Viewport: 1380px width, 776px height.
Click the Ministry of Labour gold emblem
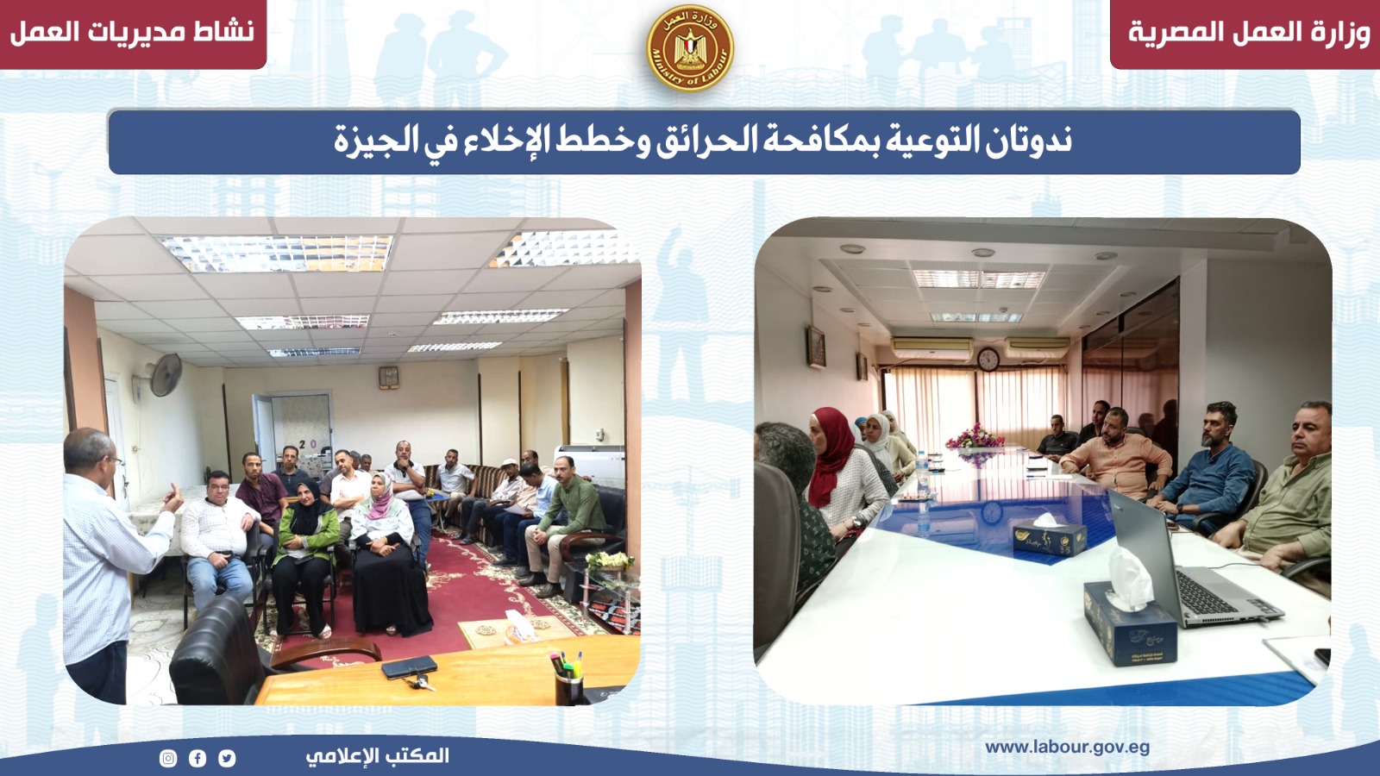pos(690,48)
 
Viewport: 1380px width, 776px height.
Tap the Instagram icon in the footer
pos(168,758)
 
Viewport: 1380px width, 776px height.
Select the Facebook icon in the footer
pos(198,758)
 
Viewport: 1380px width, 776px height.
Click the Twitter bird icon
pos(227,758)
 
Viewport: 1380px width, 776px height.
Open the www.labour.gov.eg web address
pos(1067,748)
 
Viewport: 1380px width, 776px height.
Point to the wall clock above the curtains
pos(988,359)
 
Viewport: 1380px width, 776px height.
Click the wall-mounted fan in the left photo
pos(163,374)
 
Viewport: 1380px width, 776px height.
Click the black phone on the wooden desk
pos(409,667)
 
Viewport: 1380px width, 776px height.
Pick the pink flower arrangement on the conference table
pos(975,437)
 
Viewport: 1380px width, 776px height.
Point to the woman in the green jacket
pos(305,554)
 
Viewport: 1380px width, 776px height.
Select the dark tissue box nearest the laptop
pos(1131,622)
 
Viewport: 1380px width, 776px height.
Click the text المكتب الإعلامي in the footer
pos(377,755)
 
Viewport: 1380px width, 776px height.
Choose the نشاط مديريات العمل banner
pos(133,34)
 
